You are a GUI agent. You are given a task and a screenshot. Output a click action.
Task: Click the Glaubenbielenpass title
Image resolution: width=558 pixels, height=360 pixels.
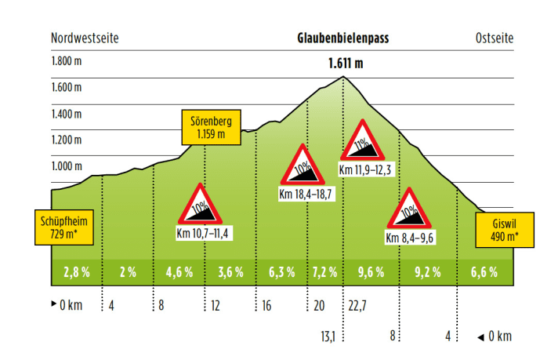[343, 38]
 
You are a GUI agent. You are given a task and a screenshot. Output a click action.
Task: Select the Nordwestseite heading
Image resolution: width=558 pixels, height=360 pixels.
[85, 38]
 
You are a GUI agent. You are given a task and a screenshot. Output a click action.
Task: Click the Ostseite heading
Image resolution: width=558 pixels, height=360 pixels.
[494, 38]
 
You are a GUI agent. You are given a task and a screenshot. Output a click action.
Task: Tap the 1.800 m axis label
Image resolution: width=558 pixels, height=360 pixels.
[67, 61]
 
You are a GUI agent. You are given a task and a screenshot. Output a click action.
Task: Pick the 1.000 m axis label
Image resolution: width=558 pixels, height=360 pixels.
[67, 166]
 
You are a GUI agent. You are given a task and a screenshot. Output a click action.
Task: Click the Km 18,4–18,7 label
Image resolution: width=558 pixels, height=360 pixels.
[306, 194]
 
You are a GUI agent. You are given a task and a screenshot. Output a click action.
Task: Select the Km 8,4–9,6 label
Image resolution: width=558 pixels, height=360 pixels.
[411, 238]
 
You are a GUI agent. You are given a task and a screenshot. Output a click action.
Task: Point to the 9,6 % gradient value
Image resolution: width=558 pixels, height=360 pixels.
[371, 273]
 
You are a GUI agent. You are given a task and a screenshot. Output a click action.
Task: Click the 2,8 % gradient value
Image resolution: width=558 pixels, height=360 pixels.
[76, 273]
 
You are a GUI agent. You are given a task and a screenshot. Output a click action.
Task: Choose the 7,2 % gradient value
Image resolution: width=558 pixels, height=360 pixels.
[324, 273]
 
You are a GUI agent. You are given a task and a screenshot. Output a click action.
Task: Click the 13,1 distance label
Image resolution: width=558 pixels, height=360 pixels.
[328, 336]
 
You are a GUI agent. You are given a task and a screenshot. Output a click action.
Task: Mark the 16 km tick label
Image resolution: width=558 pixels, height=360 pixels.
[266, 306]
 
